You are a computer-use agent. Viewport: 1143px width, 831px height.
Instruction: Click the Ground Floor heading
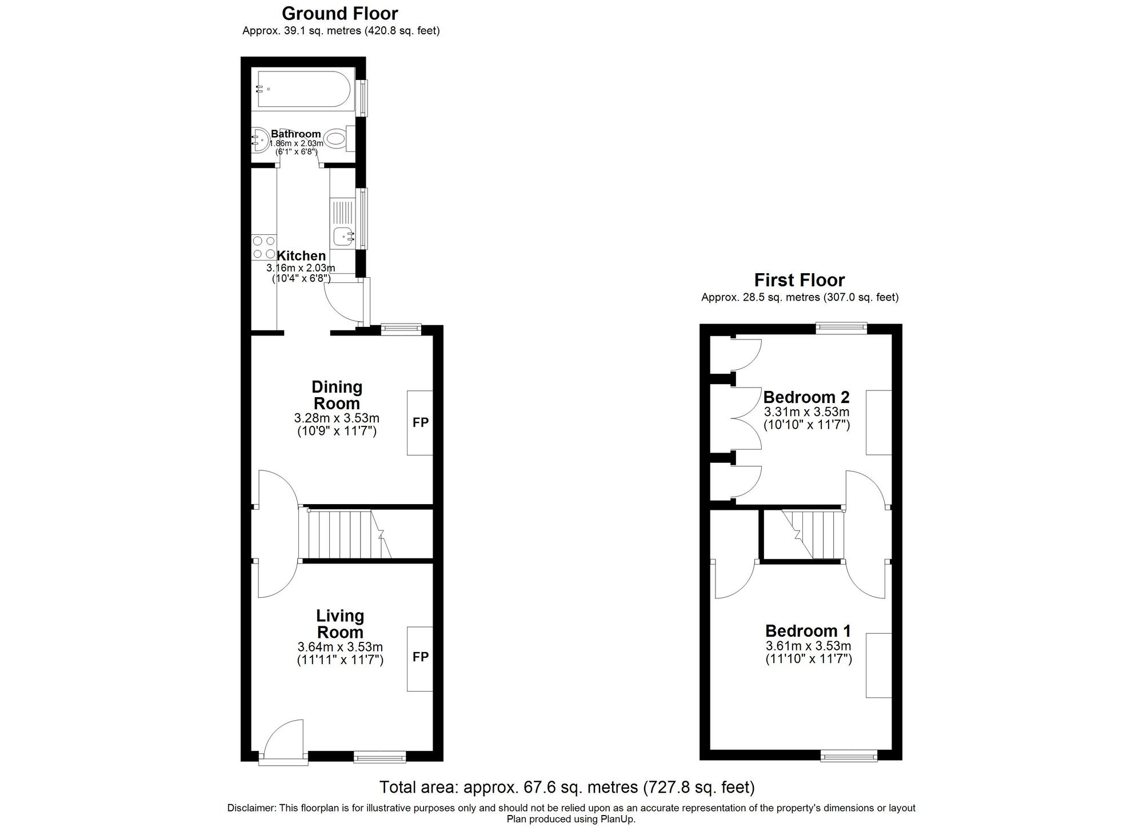339,13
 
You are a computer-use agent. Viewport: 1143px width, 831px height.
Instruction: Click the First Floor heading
799,280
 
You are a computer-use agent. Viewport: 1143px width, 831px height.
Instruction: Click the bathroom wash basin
259,139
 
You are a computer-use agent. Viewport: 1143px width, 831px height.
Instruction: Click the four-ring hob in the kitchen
264,247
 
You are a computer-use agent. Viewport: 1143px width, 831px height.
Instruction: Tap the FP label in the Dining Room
421,422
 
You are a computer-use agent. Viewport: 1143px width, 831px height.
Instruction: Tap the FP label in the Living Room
421,657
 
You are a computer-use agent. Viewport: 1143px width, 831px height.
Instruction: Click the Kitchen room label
301,255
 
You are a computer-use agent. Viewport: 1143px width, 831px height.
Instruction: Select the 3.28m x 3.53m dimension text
337,418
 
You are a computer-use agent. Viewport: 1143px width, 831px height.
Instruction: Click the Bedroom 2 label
806,397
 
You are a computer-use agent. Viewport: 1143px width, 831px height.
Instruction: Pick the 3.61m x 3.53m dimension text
808,646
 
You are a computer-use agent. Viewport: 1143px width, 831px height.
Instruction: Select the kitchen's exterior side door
343,300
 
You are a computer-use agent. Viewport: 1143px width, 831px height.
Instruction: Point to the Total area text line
566,787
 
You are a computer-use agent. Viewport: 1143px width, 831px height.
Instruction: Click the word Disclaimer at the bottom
251,808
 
